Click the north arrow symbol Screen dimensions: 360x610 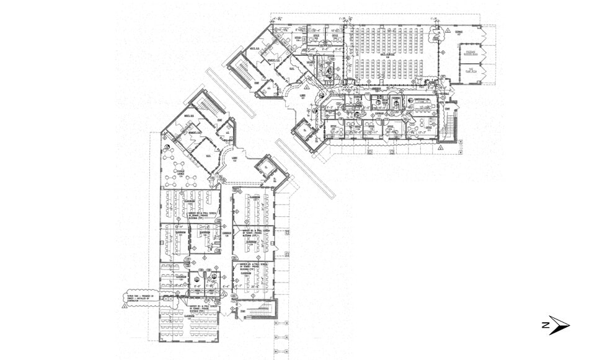(x=555, y=325)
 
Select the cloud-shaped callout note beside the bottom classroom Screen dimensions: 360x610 (x=141, y=298)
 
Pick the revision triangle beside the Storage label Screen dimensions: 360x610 (x=446, y=30)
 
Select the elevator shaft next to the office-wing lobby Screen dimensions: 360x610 (x=303, y=130)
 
